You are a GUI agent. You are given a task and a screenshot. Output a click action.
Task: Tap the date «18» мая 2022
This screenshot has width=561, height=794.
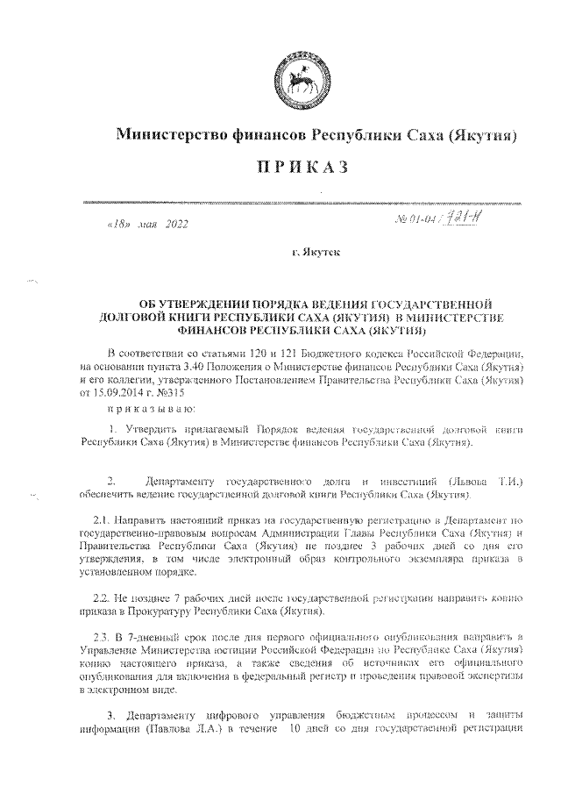[146, 225]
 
